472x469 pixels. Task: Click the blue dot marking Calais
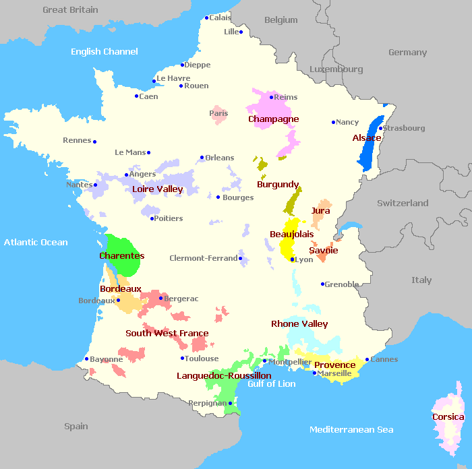pos(206,18)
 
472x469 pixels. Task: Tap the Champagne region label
pos(273,119)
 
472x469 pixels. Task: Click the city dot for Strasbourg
pos(381,128)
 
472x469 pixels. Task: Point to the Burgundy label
pos(278,184)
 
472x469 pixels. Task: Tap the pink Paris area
pos(218,114)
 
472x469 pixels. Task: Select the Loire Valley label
pos(157,189)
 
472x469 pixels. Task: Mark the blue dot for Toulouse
pos(182,358)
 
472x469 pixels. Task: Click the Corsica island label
pos(448,417)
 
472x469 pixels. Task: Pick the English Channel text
pos(105,52)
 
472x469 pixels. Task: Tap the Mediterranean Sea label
pos(351,430)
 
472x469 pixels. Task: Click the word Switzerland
pos(403,203)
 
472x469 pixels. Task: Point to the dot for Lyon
pos(292,259)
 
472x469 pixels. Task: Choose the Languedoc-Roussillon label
pos(224,375)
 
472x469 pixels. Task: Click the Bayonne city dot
pos(86,359)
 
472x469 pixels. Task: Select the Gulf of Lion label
pos(271,384)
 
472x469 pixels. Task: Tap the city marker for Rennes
pos(94,142)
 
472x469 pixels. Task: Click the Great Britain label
pos(70,10)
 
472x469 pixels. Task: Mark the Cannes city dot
pos(367,360)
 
